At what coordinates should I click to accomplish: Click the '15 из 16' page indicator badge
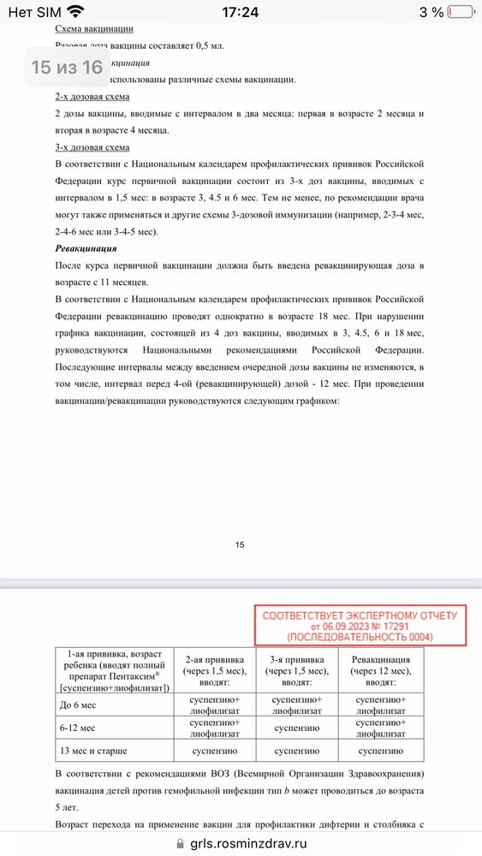67,67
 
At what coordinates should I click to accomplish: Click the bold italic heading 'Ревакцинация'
86,248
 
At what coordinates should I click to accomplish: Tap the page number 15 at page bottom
240,544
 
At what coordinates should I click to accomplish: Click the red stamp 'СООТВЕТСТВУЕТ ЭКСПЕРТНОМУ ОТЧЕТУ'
360,626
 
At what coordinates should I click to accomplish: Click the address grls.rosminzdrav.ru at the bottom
248,842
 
